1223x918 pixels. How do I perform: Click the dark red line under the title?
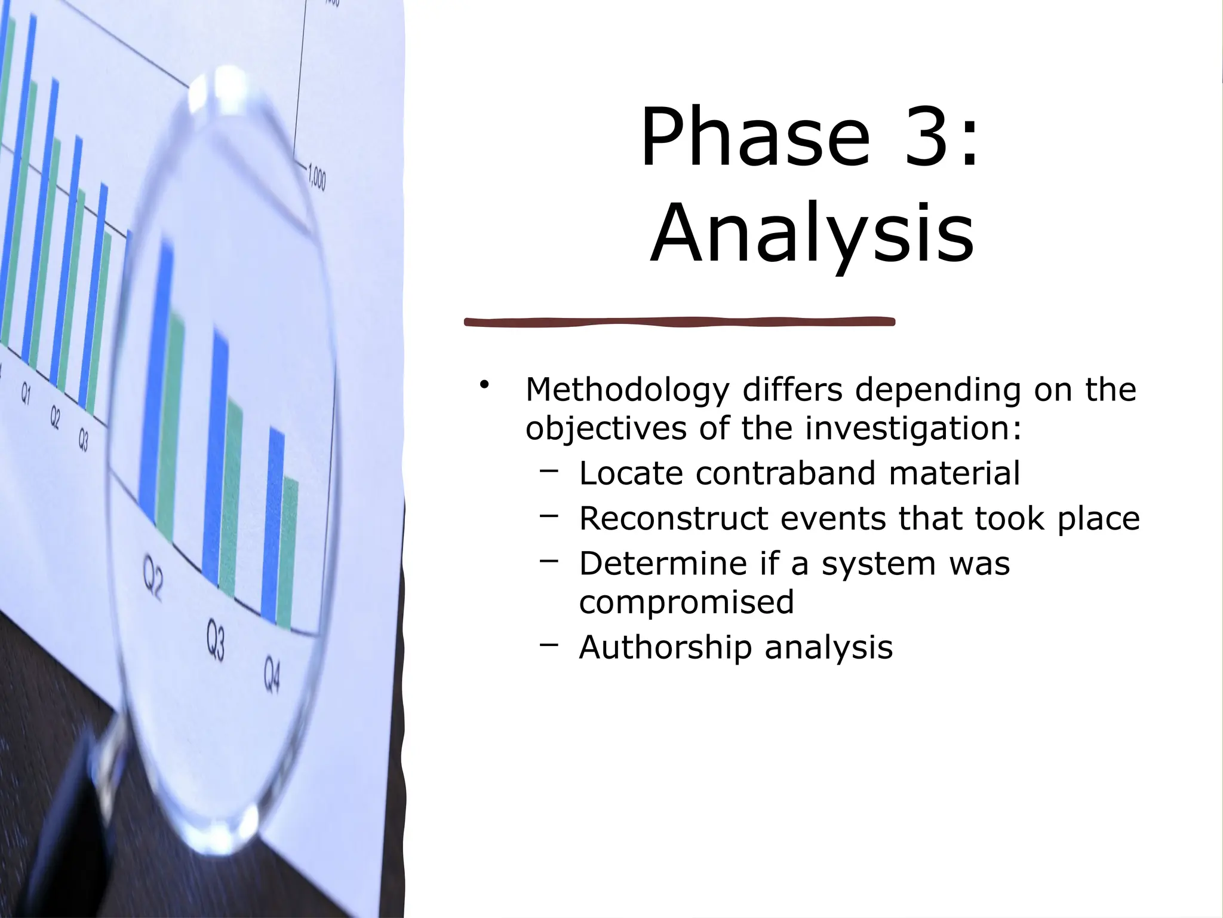click(680, 322)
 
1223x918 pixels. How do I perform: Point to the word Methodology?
click(626, 391)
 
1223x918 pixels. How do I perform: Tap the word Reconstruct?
click(673, 518)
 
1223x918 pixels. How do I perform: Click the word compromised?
click(687, 602)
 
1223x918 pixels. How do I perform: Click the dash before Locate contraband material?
click(549, 471)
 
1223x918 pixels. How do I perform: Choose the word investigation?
click(914, 429)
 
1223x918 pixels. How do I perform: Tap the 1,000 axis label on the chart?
click(317, 178)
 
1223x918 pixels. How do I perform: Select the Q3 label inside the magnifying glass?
click(216, 640)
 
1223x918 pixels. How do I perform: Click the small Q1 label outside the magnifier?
click(26, 394)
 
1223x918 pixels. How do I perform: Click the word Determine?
click(662, 564)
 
